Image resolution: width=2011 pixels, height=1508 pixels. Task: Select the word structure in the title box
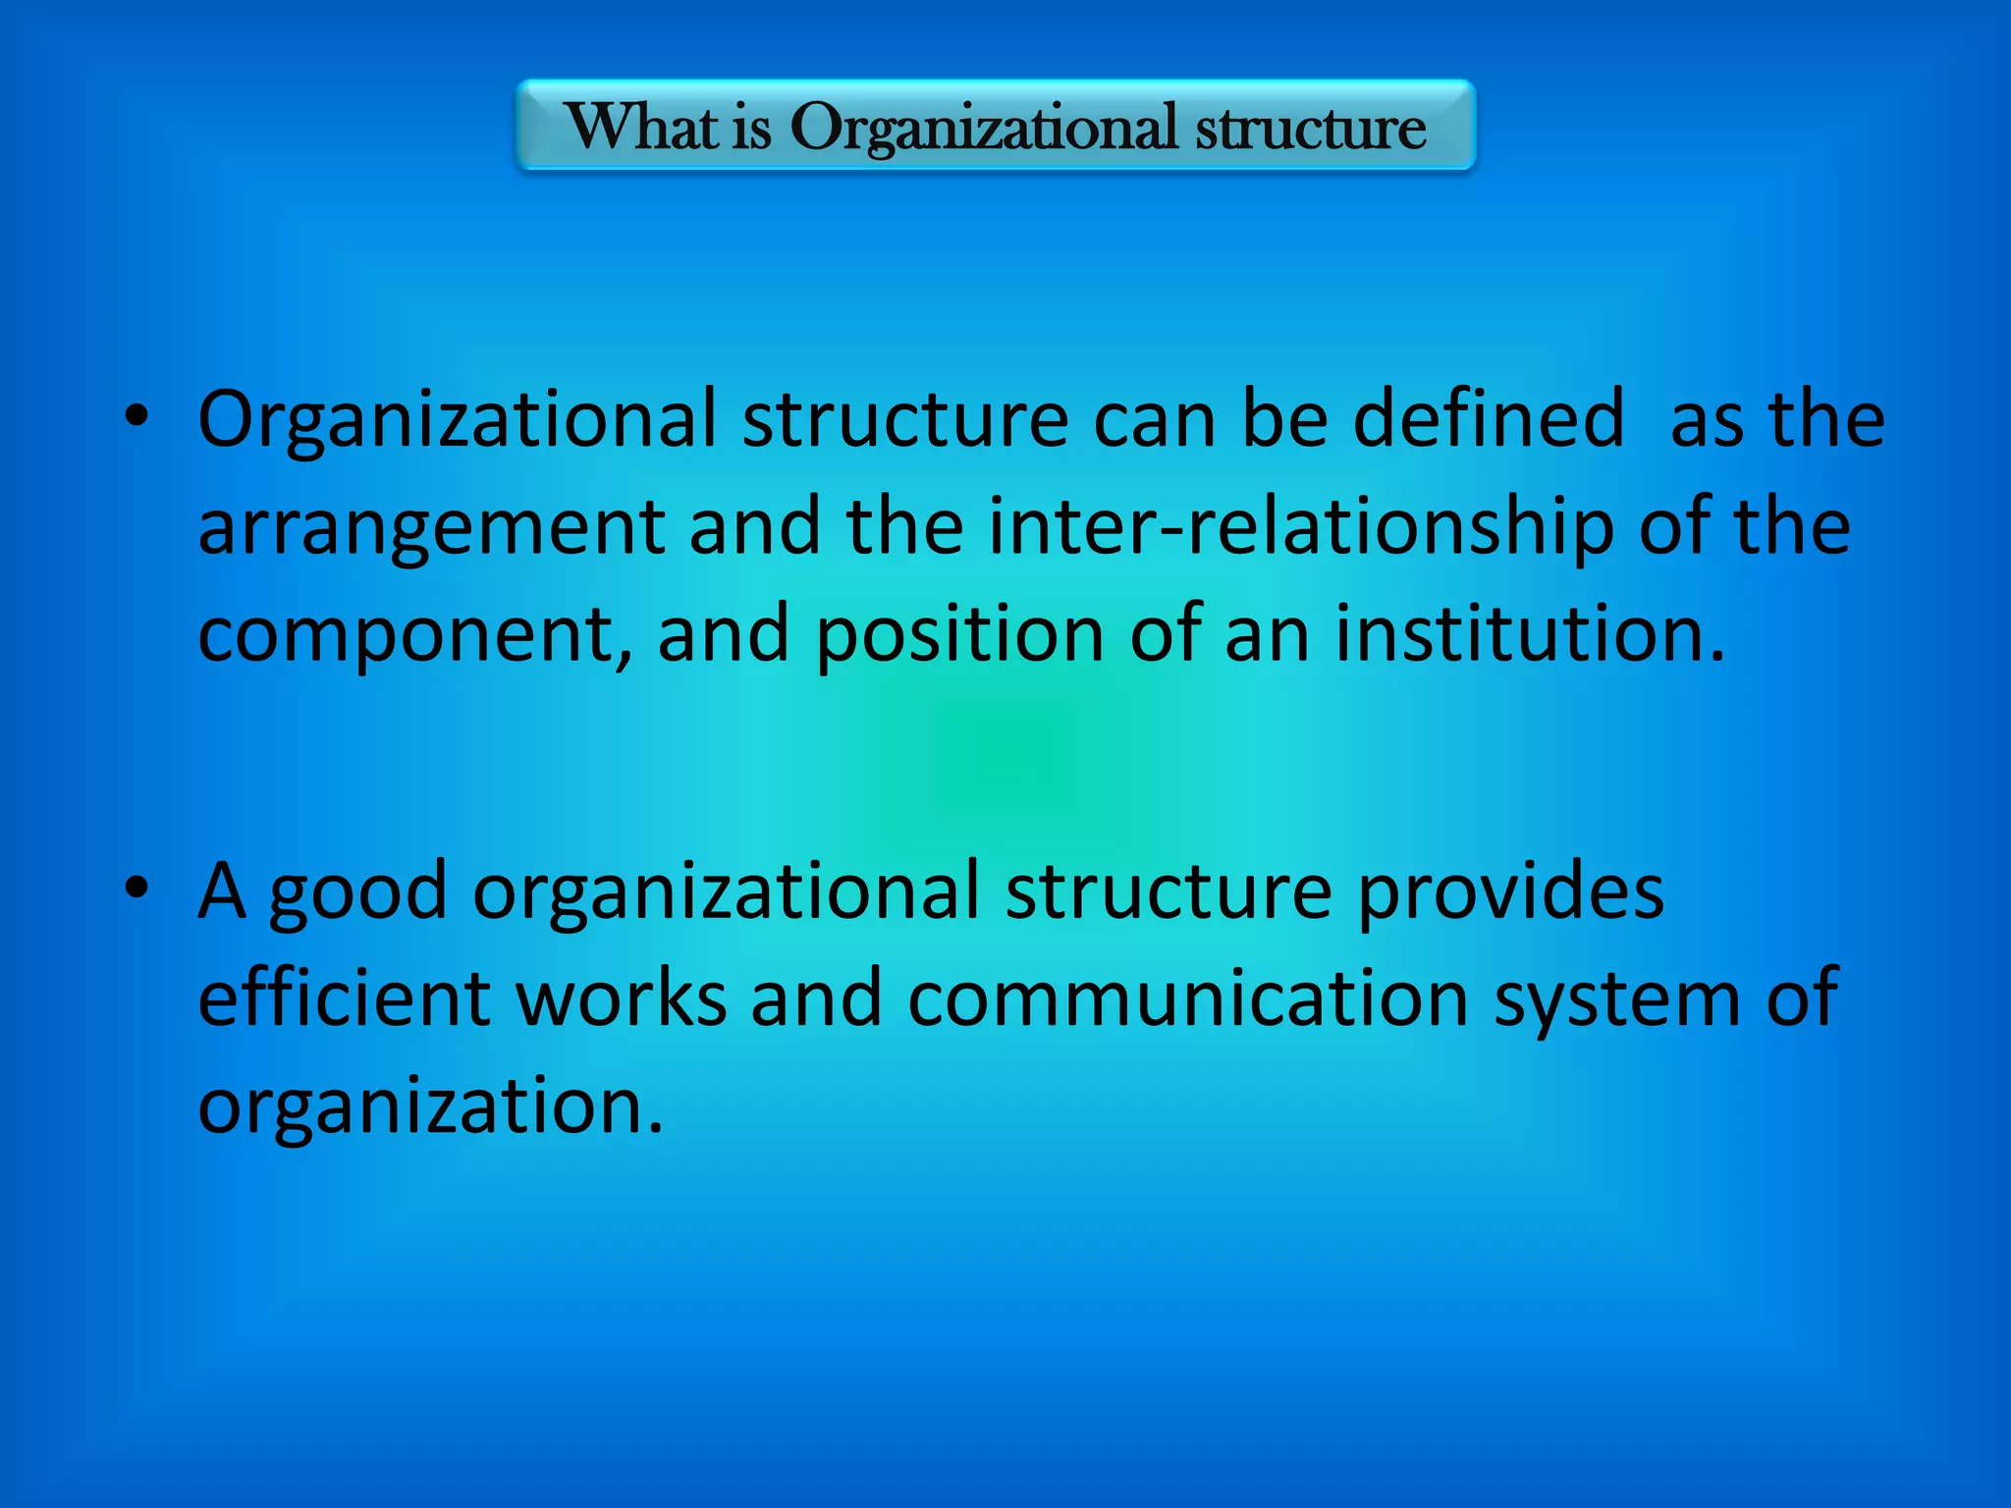[1310, 128]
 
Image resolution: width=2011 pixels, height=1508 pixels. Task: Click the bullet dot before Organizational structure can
[136, 416]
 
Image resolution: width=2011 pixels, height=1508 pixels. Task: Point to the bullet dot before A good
[136, 888]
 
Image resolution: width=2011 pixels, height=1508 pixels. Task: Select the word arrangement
[431, 528]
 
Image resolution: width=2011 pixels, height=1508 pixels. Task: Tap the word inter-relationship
[1300, 528]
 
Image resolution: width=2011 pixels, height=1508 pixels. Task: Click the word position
[960, 635]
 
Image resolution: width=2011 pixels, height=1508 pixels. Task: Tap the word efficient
[345, 998]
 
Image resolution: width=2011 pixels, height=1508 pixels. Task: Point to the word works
[622, 998]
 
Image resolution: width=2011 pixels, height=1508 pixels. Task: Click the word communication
[1188, 998]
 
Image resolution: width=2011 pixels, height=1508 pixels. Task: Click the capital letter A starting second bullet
[222, 890]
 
